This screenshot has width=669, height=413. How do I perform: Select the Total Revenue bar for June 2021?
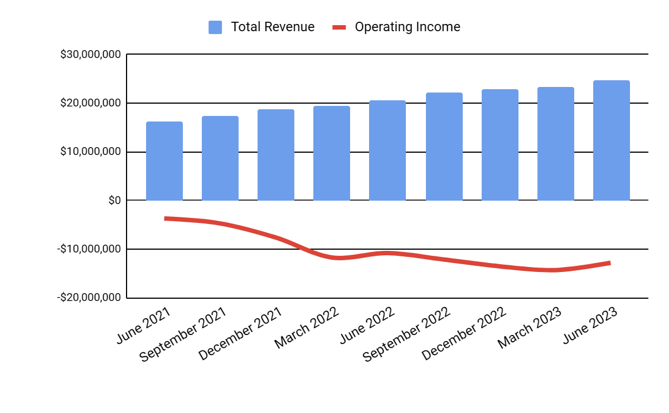[164, 161]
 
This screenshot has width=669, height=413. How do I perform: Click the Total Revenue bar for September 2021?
[220, 158]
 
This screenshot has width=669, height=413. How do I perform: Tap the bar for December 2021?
[276, 155]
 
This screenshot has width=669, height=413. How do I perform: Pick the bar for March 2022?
[332, 153]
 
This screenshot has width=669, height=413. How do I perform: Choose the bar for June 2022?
[387, 150]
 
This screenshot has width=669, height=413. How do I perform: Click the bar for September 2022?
[444, 147]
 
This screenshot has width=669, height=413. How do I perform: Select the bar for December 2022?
[500, 145]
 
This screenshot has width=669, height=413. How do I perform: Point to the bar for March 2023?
[556, 144]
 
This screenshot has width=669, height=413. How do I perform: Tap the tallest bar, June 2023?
[612, 140]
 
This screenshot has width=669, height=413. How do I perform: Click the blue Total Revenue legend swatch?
[215, 27]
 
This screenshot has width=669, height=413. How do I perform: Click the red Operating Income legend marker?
[340, 27]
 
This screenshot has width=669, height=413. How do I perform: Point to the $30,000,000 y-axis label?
[90, 55]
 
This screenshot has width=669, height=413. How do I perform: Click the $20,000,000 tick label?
[90, 103]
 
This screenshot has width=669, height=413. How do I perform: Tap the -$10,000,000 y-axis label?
[89, 249]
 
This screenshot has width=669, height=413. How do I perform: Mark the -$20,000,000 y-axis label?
[89, 298]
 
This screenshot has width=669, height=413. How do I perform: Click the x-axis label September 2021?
[183, 334]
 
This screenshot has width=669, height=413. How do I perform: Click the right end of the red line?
[610, 263]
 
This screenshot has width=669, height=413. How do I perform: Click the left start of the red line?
[166, 218]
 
